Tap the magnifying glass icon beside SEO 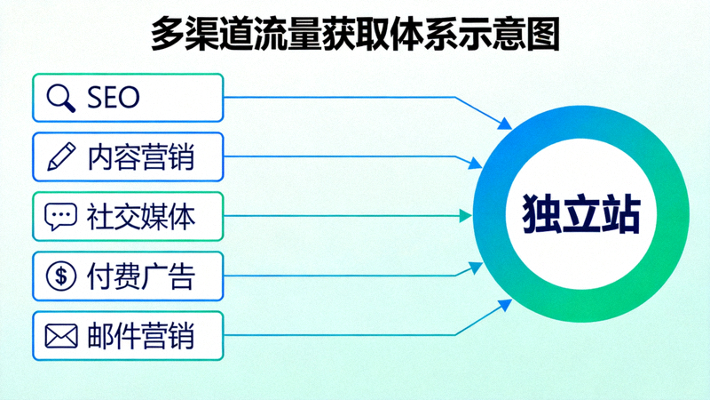tap(61, 98)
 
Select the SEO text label tap(114, 98)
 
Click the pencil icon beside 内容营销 tap(61, 157)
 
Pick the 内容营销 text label tap(141, 157)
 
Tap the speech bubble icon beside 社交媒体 tap(61, 216)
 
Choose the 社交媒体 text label tap(141, 216)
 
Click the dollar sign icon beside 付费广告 tap(61, 276)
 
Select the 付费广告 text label tap(141, 276)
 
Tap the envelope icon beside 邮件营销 tap(61, 336)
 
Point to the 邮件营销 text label tap(141, 336)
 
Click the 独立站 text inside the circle tap(580, 216)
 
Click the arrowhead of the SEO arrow tap(507, 126)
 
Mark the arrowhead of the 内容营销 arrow tap(478, 164)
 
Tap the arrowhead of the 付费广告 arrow tap(478, 266)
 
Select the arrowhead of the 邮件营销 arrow tap(506, 306)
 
